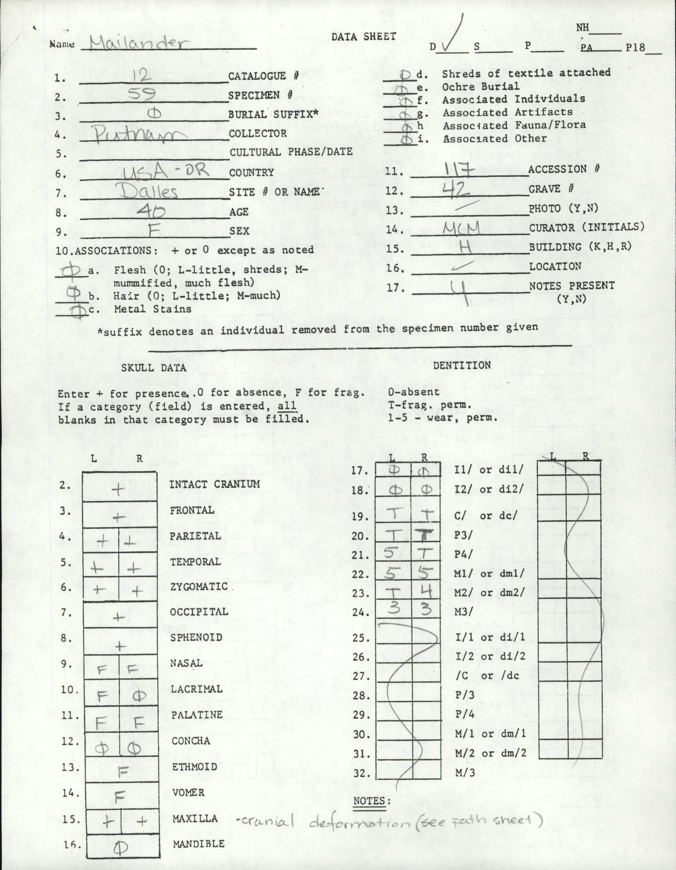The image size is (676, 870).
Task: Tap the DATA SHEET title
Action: pyautogui.click(x=364, y=37)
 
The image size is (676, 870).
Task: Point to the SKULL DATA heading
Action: pyautogui.click(x=154, y=367)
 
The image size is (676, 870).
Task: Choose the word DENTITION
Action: pyautogui.click(x=462, y=365)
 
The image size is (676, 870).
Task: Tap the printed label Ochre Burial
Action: pyautogui.click(x=481, y=86)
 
